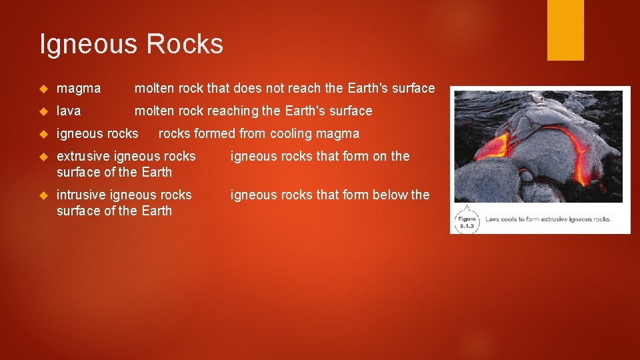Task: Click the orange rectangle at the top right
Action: (565, 30)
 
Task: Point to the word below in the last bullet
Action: (389, 195)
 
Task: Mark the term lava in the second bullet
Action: (68, 111)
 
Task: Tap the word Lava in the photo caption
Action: (493, 219)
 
